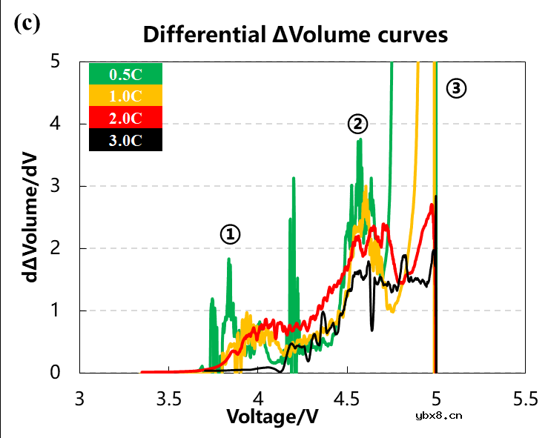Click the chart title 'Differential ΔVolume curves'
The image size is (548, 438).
(296, 34)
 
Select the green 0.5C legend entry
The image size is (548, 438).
(125, 75)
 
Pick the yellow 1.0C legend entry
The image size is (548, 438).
(125, 96)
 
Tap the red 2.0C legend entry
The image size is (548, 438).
(125, 118)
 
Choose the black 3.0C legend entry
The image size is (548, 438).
(125, 139)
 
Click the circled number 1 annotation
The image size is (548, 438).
(231, 235)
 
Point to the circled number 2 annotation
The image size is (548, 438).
(358, 124)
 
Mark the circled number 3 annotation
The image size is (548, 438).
(457, 89)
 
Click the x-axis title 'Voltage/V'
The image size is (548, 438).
(272, 417)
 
